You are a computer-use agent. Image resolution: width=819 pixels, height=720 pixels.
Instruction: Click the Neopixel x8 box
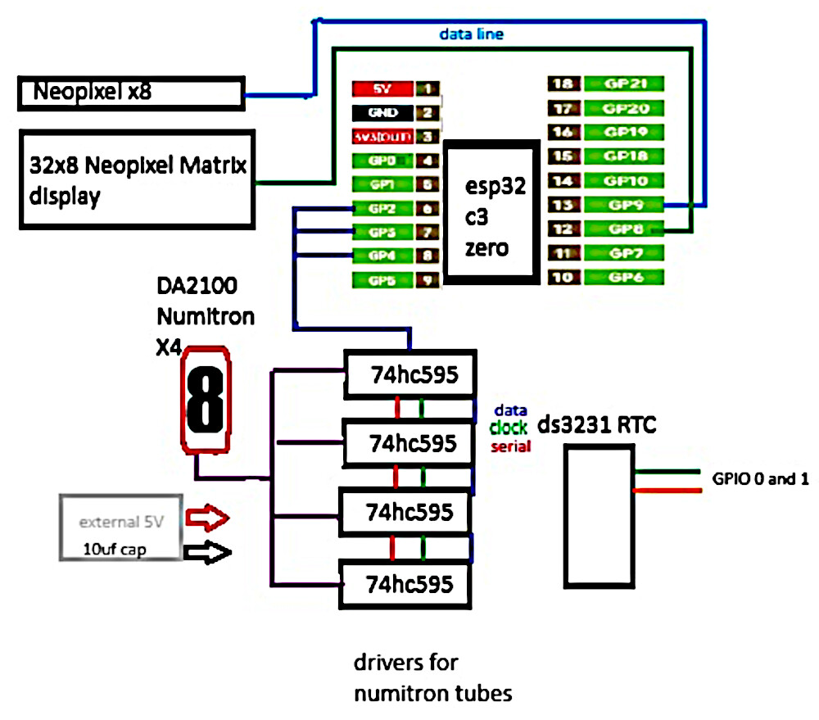(x=131, y=93)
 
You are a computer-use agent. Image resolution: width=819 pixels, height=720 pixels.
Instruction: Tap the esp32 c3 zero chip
(x=491, y=211)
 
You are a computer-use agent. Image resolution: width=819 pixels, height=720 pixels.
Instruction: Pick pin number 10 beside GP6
(x=563, y=278)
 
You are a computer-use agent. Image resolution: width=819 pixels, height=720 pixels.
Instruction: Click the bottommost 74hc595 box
(x=406, y=585)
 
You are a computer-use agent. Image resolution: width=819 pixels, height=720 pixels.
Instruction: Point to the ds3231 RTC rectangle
(x=599, y=517)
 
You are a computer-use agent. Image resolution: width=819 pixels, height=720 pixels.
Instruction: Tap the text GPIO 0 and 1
(x=761, y=479)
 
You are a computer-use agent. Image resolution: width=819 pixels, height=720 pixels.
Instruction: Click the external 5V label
(x=121, y=521)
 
